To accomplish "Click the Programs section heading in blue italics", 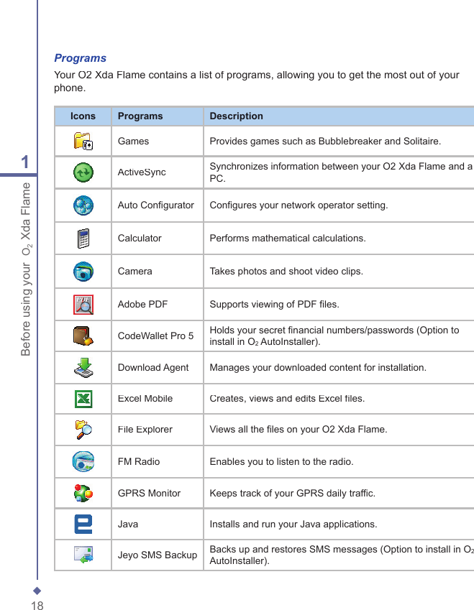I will [81, 58].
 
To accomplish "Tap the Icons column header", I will [83, 116].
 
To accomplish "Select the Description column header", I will [236, 116].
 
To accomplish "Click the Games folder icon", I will [83, 141].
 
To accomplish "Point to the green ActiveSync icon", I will [83, 172].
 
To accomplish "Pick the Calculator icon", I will [83, 238].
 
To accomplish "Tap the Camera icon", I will [83, 272].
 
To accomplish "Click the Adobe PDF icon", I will [83, 305].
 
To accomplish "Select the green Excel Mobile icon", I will [83, 398].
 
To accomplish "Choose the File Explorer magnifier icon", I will [83, 430].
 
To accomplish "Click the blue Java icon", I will [83, 524].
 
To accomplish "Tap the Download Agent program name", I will [153, 368].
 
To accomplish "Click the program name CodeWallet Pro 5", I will [155, 336].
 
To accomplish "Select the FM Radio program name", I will [139, 461].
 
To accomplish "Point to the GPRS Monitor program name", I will [149, 494].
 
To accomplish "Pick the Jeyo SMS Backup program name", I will [157, 555].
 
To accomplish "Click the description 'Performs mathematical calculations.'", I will [287, 239].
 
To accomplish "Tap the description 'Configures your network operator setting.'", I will [298, 205].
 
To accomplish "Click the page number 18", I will [37, 606].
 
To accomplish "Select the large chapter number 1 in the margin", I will [26, 162].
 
